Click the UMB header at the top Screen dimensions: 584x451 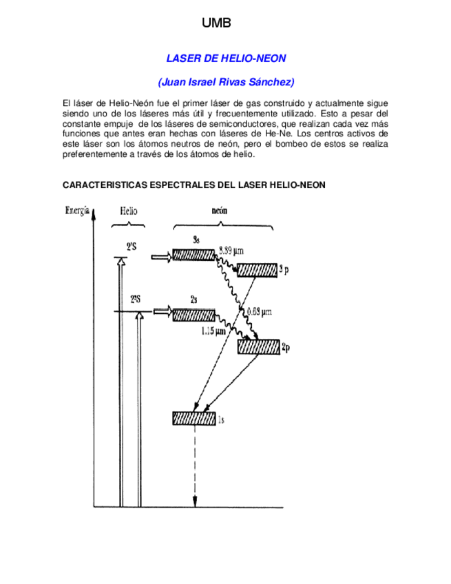216,23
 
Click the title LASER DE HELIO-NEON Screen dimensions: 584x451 226,59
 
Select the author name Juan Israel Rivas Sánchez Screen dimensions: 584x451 226,83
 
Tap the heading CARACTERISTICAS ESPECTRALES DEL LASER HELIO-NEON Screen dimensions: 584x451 194,185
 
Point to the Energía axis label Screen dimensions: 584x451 77,211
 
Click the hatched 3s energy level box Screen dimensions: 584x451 193,254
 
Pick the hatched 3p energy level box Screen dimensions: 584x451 257,270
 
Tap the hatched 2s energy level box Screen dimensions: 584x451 193,315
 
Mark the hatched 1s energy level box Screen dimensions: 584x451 194,418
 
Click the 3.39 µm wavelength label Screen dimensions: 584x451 232,249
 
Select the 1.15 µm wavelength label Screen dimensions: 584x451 213,331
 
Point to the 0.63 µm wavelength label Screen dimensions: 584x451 259,311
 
